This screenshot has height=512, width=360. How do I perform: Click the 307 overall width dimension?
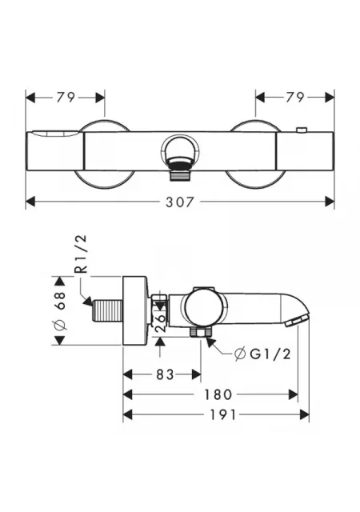click(179, 202)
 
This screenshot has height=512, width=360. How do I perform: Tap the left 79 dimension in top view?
click(66, 97)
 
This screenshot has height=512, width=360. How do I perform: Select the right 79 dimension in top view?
click(295, 97)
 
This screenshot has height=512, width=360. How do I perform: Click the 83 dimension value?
click(165, 374)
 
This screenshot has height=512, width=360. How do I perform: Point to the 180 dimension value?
click(218, 394)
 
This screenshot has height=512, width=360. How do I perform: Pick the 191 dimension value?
click(222, 414)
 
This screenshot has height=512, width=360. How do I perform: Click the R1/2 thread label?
click(81, 254)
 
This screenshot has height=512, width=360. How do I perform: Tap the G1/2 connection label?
click(262, 354)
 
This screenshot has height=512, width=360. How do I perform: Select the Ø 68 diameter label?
click(61, 310)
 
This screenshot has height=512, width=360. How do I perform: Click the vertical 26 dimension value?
click(160, 323)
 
